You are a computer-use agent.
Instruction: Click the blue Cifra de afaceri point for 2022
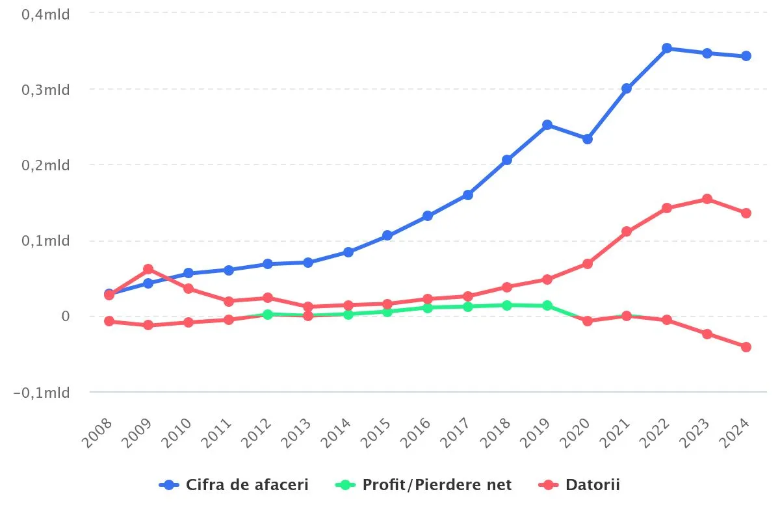pyautogui.click(x=666, y=48)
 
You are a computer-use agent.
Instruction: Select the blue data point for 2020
pyautogui.click(x=587, y=139)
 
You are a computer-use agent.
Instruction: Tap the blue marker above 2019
pyautogui.click(x=547, y=125)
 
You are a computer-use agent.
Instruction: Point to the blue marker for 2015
pyautogui.click(x=387, y=235)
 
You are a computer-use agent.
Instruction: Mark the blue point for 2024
pyautogui.click(x=746, y=56)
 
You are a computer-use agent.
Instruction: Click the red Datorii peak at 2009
pyautogui.click(x=148, y=269)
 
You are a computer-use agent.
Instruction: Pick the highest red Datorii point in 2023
pyautogui.click(x=707, y=199)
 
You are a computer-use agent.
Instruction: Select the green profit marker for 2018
pyautogui.click(x=507, y=305)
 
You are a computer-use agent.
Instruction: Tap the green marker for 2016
pyautogui.click(x=428, y=307)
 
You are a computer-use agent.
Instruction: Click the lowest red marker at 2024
pyautogui.click(x=746, y=347)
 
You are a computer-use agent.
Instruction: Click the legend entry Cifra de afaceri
pyautogui.click(x=235, y=485)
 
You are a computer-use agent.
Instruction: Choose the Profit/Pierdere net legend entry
pyautogui.click(x=424, y=485)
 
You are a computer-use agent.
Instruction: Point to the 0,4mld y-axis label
pyautogui.click(x=46, y=14)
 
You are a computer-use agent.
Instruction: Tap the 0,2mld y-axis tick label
pyautogui.click(x=46, y=165)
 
